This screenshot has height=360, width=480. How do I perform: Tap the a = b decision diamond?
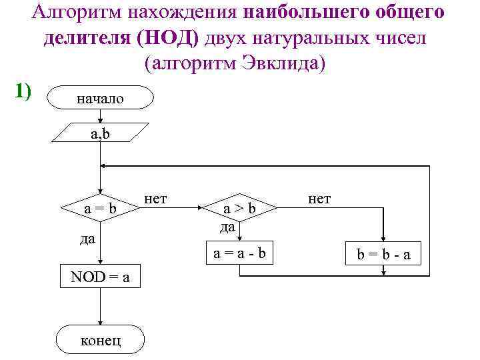click(100, 209)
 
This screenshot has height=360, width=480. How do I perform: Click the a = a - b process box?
click(239, 253)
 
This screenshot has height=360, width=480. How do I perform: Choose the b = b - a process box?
click(383, 254)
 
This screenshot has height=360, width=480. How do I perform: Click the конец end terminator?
click(101, 339)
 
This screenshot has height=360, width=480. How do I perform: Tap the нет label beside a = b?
click(155, 198)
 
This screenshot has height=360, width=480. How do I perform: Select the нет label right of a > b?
click(320, 198)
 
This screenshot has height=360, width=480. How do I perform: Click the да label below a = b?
click(87, 238)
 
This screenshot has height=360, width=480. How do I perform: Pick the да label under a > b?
click(228, 227)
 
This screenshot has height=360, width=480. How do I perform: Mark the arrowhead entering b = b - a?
click(383, 238)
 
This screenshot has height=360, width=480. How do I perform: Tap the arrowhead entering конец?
click(100, 322)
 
